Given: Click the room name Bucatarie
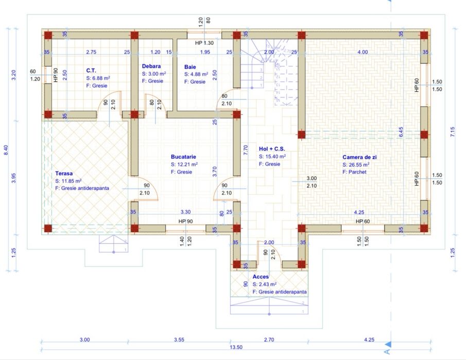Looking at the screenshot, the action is tap(183, 157).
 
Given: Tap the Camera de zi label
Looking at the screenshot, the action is tap(359, 157).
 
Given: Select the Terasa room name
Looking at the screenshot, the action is tap(64, 174).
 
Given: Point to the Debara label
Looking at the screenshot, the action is tap(151, 66).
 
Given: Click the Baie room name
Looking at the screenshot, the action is tap(190, 67).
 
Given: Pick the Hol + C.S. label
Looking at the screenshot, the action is tap(272, 149).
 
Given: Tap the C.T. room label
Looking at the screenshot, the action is tap(91, 71).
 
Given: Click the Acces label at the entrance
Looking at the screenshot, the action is tap(261, 277).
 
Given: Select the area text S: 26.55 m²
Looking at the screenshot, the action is tap(356, 165).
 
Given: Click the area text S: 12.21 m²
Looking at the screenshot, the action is tap(184, 164).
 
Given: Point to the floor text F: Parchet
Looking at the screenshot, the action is tap(354, 172).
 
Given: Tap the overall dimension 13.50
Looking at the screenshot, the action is tap(236, 347).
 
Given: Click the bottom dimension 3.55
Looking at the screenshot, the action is tap(179, 339).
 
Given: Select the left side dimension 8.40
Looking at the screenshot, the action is tap(6, 150).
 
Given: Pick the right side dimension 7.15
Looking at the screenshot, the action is tap(453, 132).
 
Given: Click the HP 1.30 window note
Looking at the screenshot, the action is tap(204, 43).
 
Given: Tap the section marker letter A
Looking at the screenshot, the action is tap(387, 352).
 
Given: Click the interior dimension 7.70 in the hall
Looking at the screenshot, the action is tap(246, 150).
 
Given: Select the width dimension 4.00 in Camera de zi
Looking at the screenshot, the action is tap(363, 52).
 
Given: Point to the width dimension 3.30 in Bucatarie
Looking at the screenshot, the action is tap(186, 212).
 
